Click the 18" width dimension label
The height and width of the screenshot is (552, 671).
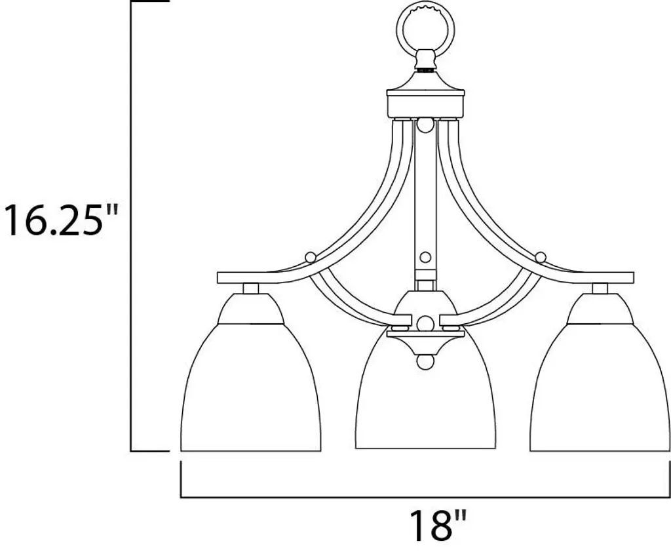[x=437, y=524]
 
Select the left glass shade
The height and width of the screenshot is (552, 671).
[x=250, y=387]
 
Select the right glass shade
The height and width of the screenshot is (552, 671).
[x=600, y=387]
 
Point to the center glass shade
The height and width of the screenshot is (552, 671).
[x=425, y=398]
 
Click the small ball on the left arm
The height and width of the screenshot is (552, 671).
[x=310, y=258]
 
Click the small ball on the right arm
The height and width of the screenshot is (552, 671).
[x=541, y=258]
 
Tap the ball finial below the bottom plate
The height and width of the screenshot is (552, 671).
[x=425, y=361]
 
